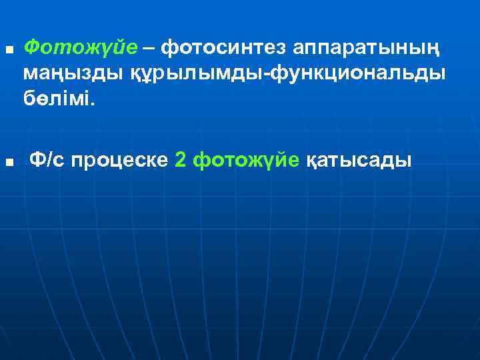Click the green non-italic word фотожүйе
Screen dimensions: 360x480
tap(245, 161)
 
